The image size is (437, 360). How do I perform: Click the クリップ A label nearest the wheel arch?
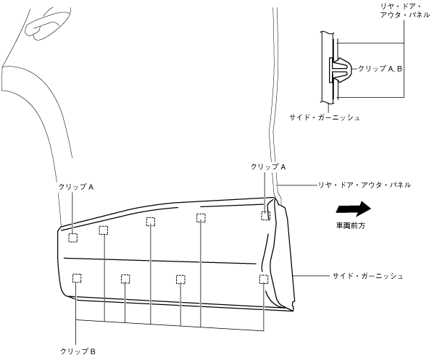tap(76, 186)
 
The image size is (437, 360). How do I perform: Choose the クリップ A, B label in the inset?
tap(381, 67)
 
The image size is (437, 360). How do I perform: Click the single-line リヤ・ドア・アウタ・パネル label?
tap(365, 185)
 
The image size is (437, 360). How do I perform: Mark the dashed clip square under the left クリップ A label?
tap(73, 238)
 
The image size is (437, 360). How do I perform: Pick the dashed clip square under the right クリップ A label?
tap(266, 215)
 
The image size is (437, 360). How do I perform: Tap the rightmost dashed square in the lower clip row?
tap(263, 279)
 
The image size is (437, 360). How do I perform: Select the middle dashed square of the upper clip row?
tap(151, 222)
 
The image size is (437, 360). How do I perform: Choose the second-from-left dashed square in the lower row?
tap(125, 279)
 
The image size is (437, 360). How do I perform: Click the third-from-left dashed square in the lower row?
tap(180, 280)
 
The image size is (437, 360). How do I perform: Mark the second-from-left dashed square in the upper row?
tap(103, 230)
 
